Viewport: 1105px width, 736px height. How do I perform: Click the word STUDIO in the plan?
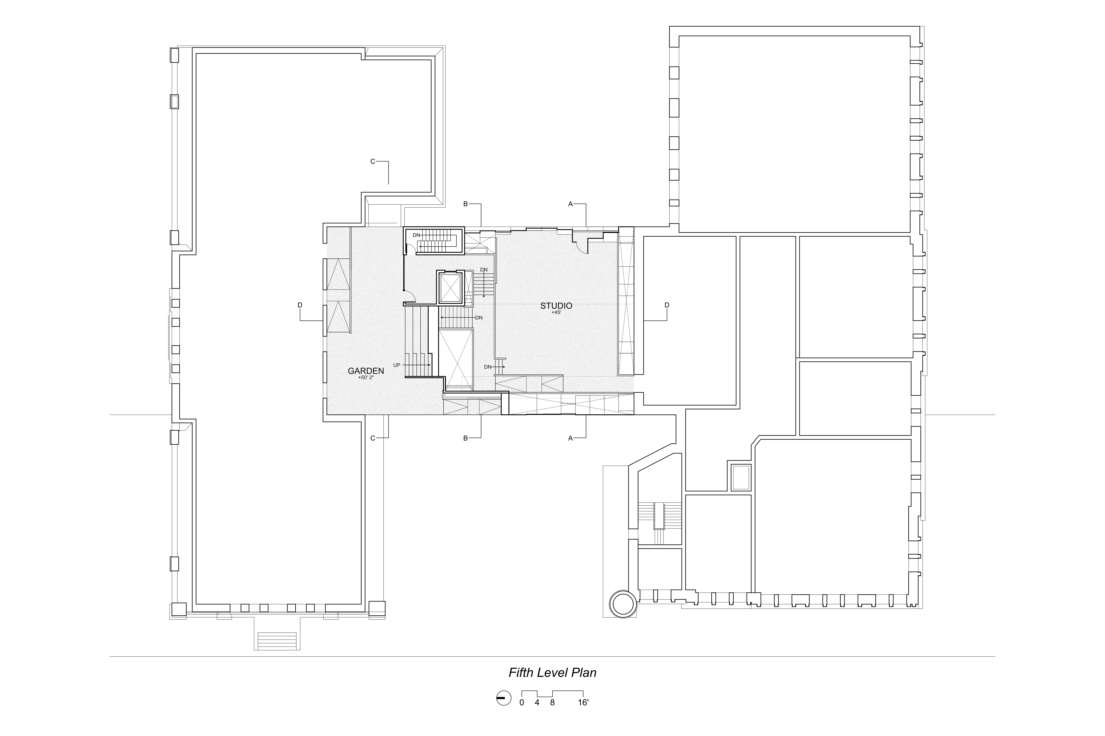pyautogui.click(x=556, y=306)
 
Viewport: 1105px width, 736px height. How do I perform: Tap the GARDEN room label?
pyautogui.click(x=366, y=371)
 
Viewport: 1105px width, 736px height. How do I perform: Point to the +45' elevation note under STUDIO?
pyautogui.click(x=556, y=313)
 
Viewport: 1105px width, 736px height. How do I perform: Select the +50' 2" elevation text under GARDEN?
pyautogui.click(x=366, y=377)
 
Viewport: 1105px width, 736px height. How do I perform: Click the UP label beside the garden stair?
pyautogui.click(x=397, y=365)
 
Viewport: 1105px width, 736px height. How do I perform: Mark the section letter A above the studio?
pyautogui.click(x=571, y=204)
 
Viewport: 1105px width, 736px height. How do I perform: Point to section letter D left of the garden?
pyautogui.click(x=300, y=305)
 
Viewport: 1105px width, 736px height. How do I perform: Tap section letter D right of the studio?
pyautogui.click(x=667, y=305)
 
